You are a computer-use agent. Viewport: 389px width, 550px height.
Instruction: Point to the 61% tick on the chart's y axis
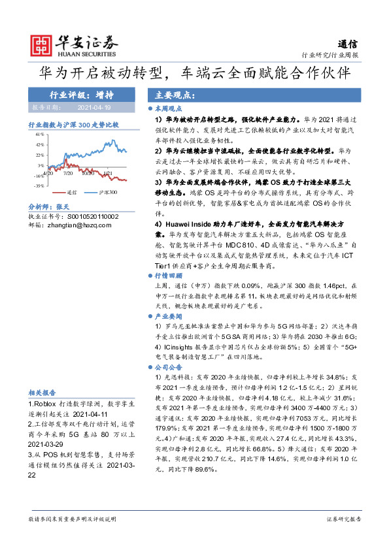coord(40,134)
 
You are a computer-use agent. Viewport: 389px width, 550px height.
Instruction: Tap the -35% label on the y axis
coord(39,186)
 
